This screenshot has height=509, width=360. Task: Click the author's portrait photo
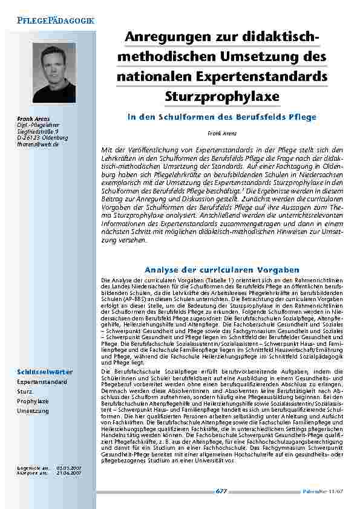[x=54, y=73]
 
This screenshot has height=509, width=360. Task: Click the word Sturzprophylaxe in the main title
[x=222, y=97]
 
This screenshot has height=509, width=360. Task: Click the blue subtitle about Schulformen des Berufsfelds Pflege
[x=222, y=117]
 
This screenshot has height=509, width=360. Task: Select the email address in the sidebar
[x=38, y=144]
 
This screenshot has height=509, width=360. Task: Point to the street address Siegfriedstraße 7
[x=38, y=131]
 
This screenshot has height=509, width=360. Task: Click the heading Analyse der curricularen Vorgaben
[x=223, y=269]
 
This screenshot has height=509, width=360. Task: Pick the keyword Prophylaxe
[x=33, y=401]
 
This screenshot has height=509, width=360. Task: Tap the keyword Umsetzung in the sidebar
[x=33, y=410]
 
